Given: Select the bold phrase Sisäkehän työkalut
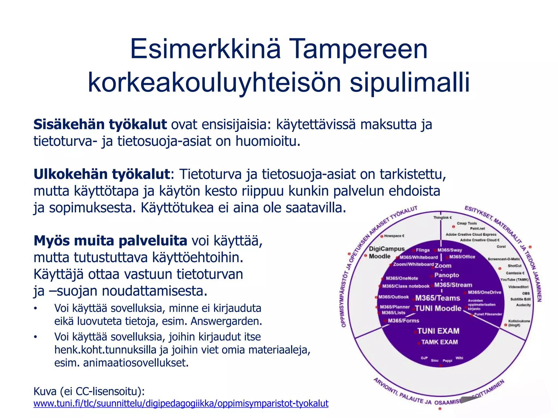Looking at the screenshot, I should point(100,125).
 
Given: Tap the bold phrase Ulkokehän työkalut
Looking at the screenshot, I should point(102,174).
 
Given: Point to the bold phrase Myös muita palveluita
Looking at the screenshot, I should point(110,241).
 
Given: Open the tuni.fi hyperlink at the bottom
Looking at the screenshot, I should point(181,403).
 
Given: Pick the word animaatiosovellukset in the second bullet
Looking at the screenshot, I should point(136,363).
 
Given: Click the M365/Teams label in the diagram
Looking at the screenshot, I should point(438,298).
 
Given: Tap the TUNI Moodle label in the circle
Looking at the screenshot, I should point(438,308).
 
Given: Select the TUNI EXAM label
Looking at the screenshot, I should point(438,331).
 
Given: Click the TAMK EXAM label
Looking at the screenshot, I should point(439,342).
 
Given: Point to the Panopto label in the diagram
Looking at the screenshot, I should point(447,275).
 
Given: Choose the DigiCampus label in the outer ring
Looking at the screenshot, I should point(387,249).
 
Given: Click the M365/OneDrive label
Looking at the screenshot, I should point(484,292).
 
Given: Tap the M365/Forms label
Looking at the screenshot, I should point(403,321).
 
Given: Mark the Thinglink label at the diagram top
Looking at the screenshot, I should point(442,217).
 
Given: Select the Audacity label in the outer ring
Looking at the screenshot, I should point(523,305).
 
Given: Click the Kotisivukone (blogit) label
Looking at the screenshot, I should point(519,323).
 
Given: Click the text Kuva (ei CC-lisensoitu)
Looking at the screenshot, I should point(89,392).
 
